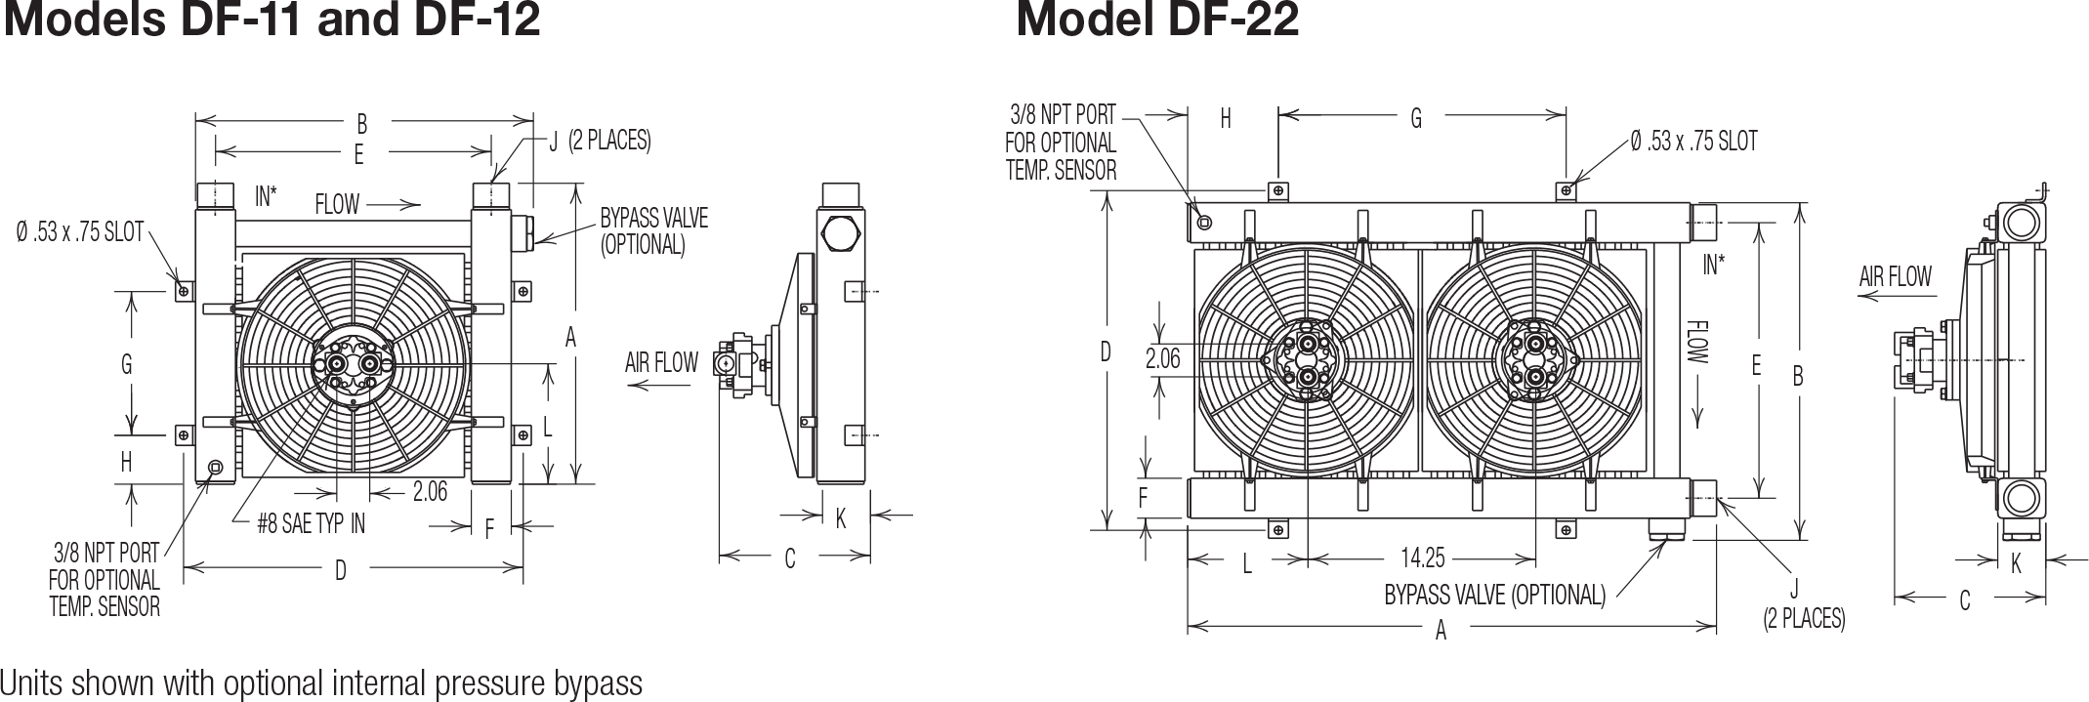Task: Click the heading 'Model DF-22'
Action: point(1157,20)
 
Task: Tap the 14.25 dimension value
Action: point(1422,558)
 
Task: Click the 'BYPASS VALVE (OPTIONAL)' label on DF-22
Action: point(1494,595)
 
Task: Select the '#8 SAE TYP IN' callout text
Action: point(311,524)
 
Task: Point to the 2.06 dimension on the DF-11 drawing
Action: point(430,491)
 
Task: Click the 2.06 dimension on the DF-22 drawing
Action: point(1162,360)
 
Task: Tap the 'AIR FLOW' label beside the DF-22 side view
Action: point(1895,276)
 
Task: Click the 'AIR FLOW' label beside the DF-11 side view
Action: point(661,363)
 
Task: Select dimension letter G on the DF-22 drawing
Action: point(1415,118)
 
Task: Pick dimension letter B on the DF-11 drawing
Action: point(362,124)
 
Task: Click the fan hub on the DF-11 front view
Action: point(354,366)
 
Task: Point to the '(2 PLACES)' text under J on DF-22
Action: point(1804,618)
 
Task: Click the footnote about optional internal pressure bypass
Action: point(321,682)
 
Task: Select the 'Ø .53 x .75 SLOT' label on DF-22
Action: point(1692,142)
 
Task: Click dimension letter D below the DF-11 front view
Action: point(340,570)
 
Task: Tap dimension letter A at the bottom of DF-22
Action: point(1441,631)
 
